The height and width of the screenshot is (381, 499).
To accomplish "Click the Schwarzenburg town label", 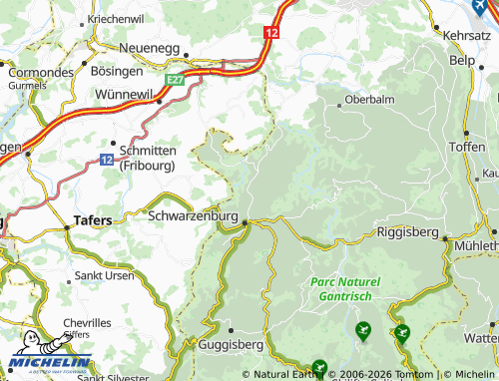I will pyautogui.click(x=192, y=215).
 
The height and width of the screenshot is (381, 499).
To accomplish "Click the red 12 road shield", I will pyautogui.click(x=271, y=33).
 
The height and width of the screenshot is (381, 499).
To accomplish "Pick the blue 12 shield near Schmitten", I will pyautogui.click(x=107, y=160).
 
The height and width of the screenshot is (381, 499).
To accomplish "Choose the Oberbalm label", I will pyautogui.click(x=364, y=100).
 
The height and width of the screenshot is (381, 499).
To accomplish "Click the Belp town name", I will pyautogui.click(x=462, y=61).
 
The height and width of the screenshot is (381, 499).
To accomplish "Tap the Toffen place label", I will pyautogui.click(x=467, y=146).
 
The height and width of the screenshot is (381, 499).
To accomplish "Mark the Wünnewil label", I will pyautogui.click(x=129, y=93).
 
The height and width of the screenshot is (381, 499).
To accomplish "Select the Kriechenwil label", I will pyautogui.click(x=115, y=19).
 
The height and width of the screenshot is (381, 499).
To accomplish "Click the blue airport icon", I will pyautogui.click(x=480, y=6).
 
